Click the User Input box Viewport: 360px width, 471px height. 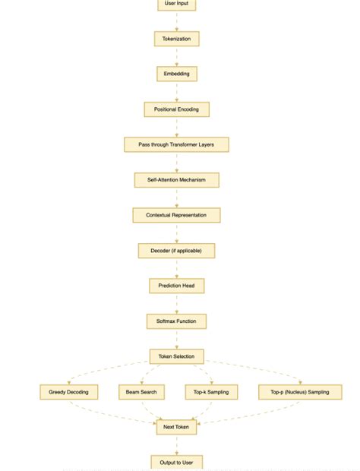(x=177, y=5)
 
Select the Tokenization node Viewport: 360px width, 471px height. (x=177, y=38)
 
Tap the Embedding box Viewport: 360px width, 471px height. (x=177, y=74)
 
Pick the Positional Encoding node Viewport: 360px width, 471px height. (x=177, y=109)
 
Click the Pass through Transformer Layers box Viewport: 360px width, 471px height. (x=177, y=144)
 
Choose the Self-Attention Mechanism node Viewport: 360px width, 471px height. (x=177, y=180)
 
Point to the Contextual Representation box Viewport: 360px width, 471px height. (x=177, y=215)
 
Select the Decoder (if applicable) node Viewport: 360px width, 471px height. (x=177, y=251)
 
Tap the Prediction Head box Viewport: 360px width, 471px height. (x=177, y=286)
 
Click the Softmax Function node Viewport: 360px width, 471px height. (x=177, y=321)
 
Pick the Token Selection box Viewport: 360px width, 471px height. (x=177, y=356)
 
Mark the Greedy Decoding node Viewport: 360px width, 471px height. (x=69, y=392)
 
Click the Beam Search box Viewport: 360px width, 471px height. (x=142, y=392)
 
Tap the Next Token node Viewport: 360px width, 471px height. (x=177, y=428)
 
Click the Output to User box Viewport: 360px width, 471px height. (x=177, y=462)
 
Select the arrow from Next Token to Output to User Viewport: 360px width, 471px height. (x=177, y=445)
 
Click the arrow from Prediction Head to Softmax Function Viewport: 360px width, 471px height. (x=177, y=304)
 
